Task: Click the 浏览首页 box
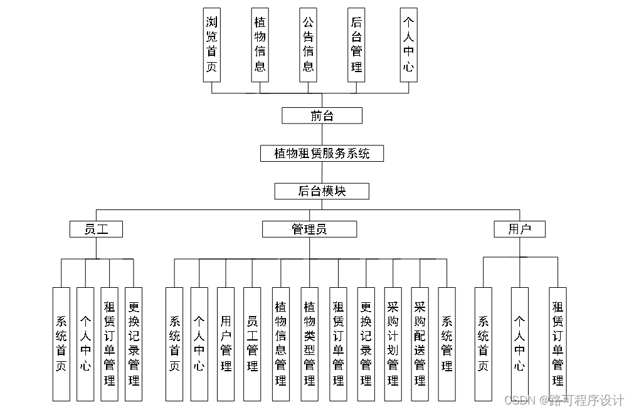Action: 212,45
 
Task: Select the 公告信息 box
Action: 309,45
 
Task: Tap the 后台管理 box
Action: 357,45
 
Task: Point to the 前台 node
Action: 322,115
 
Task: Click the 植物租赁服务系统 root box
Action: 322,153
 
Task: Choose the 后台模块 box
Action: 322,191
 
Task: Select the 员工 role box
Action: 96,229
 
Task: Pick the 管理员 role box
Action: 309,229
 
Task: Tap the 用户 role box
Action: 519,229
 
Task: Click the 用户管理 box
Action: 226,344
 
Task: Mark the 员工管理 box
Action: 252,344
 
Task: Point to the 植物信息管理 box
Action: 281,344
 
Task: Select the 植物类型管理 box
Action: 309,344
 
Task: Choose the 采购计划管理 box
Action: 393,344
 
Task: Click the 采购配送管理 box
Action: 420,344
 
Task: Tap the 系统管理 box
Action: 446,344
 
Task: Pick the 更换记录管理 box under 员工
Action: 134,344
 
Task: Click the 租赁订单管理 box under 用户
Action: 557,344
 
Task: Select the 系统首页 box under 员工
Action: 61,344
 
